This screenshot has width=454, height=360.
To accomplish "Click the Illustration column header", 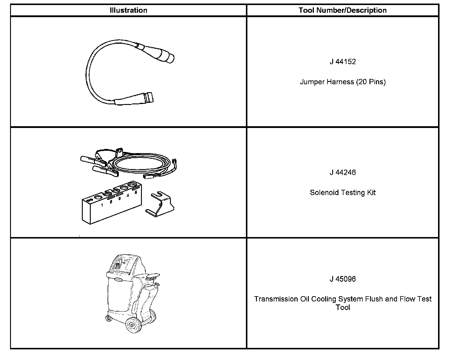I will coord(128,10).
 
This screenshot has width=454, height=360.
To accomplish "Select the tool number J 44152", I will coord(343,62).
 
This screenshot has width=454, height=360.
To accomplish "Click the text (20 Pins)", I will coord(371,82).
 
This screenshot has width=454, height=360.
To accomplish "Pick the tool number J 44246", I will coord(343,172).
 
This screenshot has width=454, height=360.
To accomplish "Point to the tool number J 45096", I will coord(343,279).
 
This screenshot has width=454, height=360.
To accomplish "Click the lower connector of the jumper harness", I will coord(136,99).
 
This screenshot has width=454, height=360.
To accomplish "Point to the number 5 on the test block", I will coord(136,192).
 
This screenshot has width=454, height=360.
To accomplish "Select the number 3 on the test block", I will coord(119,198).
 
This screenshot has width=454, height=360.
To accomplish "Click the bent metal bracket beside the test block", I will coord(160,204).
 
